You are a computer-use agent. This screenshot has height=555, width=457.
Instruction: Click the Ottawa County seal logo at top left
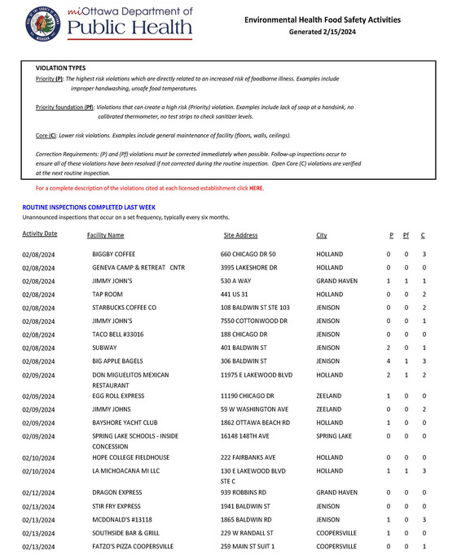pyautogui.click(x=42, y=24)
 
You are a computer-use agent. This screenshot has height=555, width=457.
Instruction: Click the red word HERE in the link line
pyautogui.click(x=256, y=188)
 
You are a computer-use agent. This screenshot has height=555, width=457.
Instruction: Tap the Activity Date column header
pyautogui.click(x=39, y=234)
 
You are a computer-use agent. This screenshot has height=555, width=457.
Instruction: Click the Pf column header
pyautogui.click(x=406, y=235)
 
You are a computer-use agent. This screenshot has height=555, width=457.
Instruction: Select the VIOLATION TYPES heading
pyautogui.click(x=60, y=68)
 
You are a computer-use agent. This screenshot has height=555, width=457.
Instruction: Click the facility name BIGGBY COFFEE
pyautogui.click(x=114, y=255)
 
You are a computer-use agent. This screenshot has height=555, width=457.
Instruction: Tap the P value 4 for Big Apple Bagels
pyautogui.click(x=389, y=361)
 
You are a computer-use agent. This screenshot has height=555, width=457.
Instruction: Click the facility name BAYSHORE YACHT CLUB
pyautogui.click(x=125, y=423)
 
